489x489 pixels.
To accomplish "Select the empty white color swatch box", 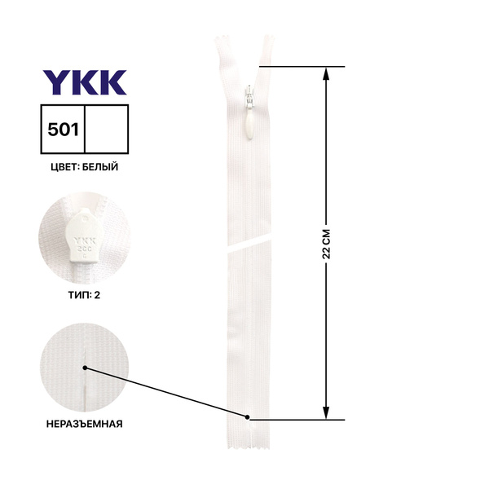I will pyautogui.click(x=106, y=130).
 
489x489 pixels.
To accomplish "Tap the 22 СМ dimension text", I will pyautogui.click(x=327, y=242).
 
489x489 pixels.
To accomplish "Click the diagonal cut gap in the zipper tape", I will pyautogui.click(x=249, y=243).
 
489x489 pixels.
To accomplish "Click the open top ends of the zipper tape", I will pyautogui.click(x=244, y=45).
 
